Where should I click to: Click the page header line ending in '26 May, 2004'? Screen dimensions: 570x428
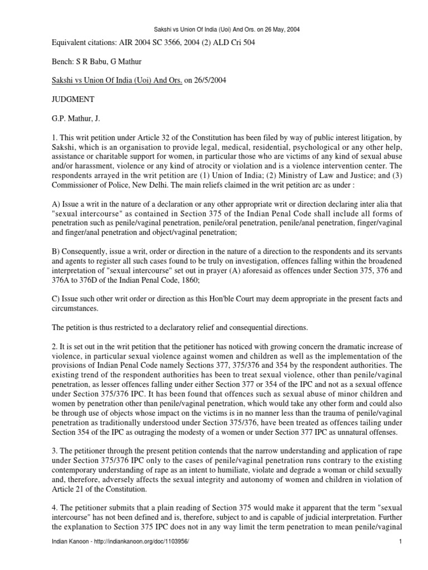[214, 30]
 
